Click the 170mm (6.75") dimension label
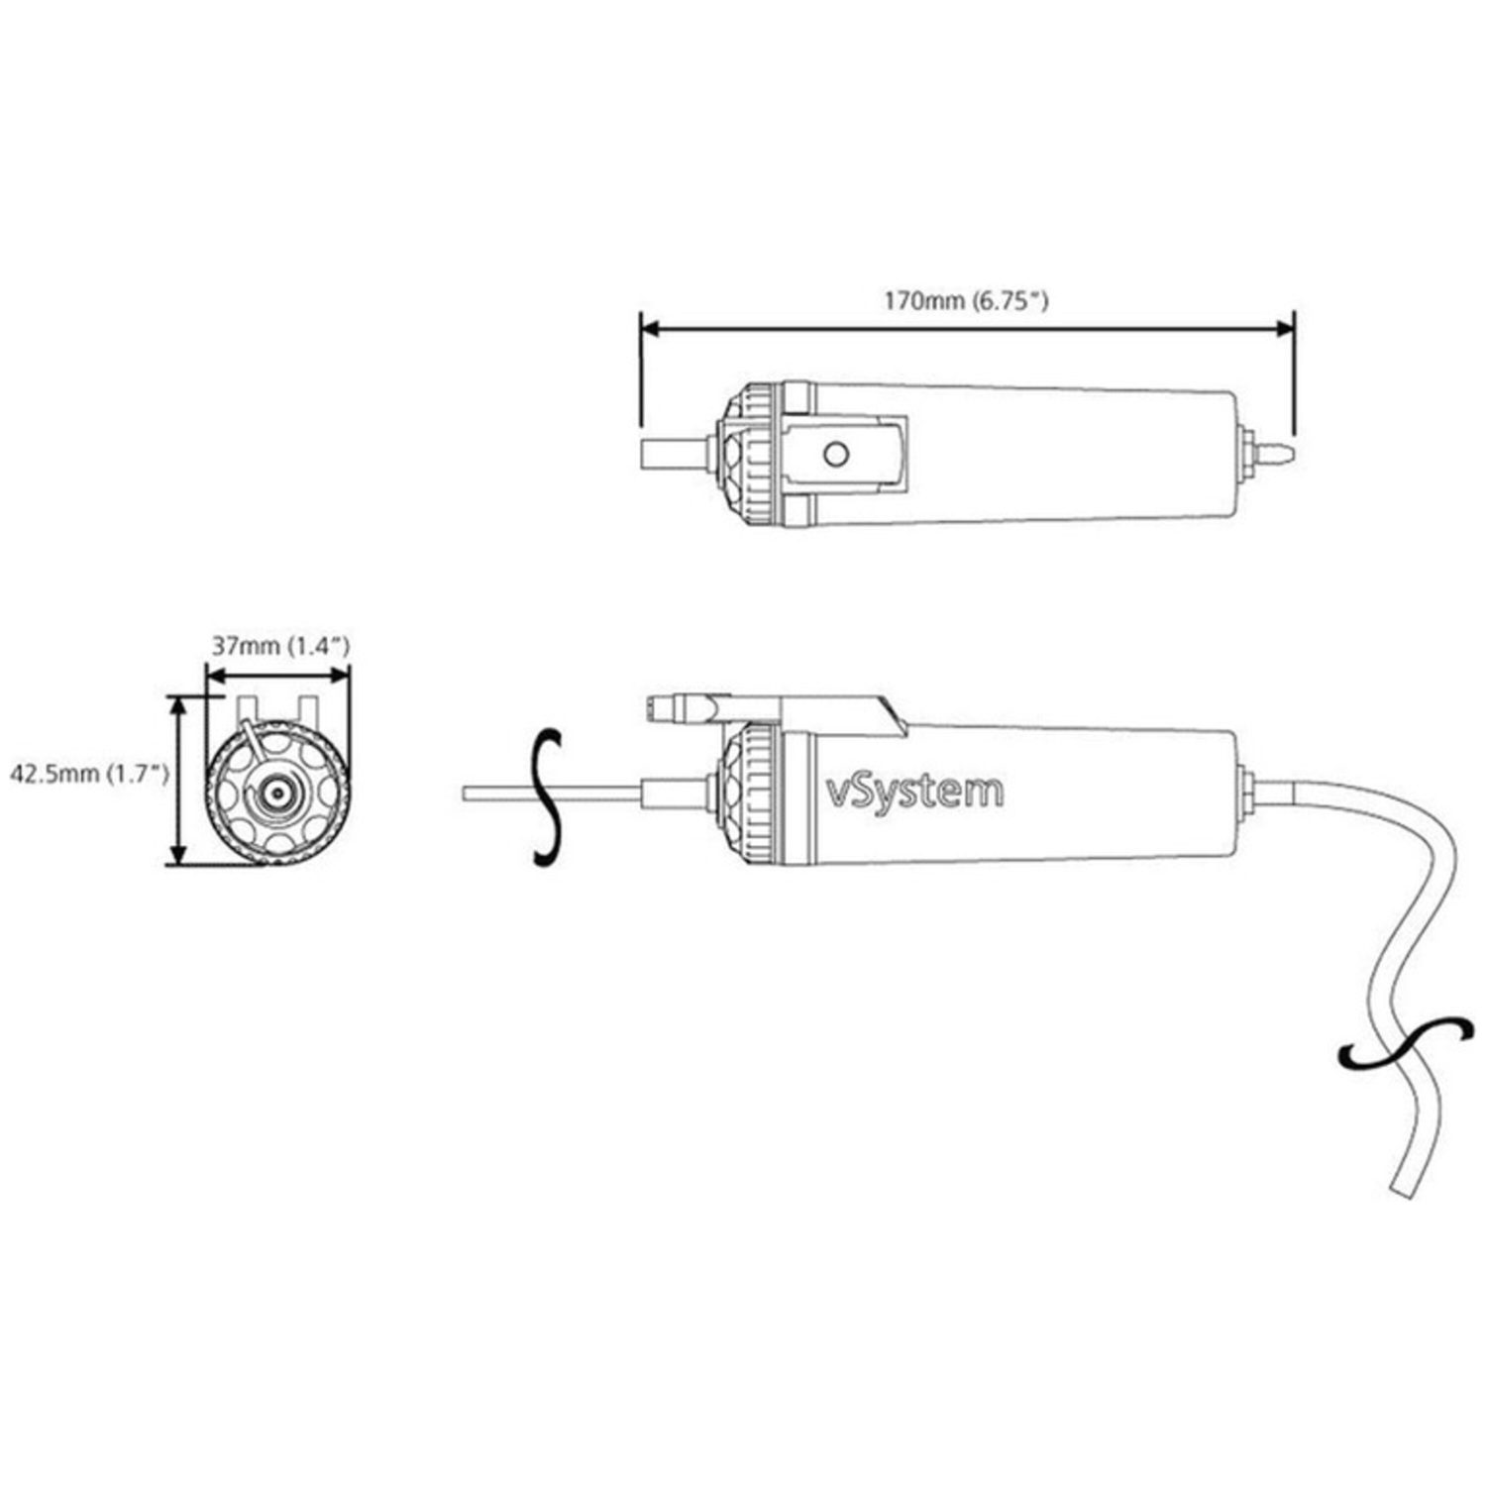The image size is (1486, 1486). (x=966, y=300)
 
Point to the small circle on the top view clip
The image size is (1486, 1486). (x=836, y=454)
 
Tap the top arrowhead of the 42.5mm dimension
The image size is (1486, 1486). (x=178, y=703)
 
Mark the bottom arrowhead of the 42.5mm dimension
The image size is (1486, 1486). (x=178, y=857)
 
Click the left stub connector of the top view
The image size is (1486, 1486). (x=674, y=455)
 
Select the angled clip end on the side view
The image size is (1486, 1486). (x=887, y=716)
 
